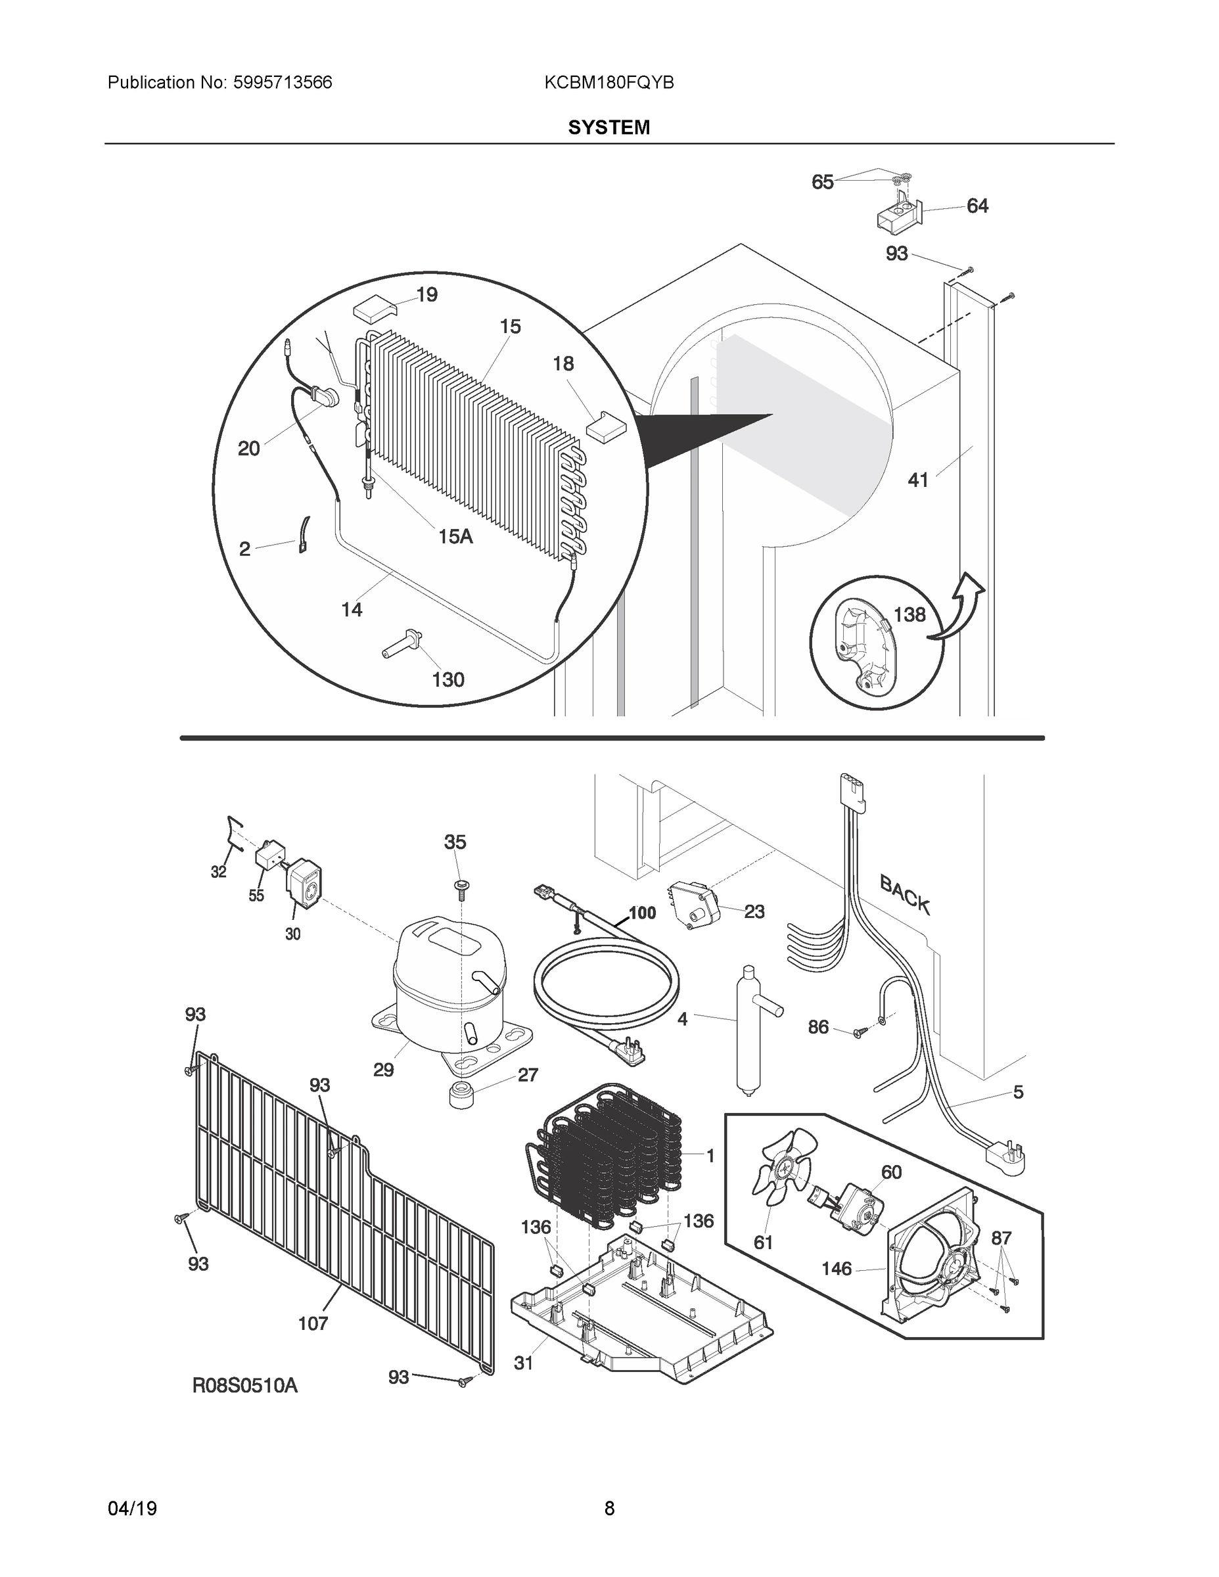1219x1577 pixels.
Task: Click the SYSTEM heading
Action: point(609,128)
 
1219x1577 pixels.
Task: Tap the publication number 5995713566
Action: point(283,83)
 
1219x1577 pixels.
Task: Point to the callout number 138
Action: point(909,614)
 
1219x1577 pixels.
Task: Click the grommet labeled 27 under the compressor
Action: point(463,1095)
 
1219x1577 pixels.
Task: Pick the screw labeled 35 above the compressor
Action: point(459,886)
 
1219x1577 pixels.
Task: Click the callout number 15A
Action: point(455,536)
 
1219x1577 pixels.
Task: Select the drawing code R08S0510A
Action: point(245,1385)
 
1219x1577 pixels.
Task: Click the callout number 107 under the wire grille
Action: point(313,1323)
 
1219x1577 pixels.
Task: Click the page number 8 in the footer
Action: point(609,1509)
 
